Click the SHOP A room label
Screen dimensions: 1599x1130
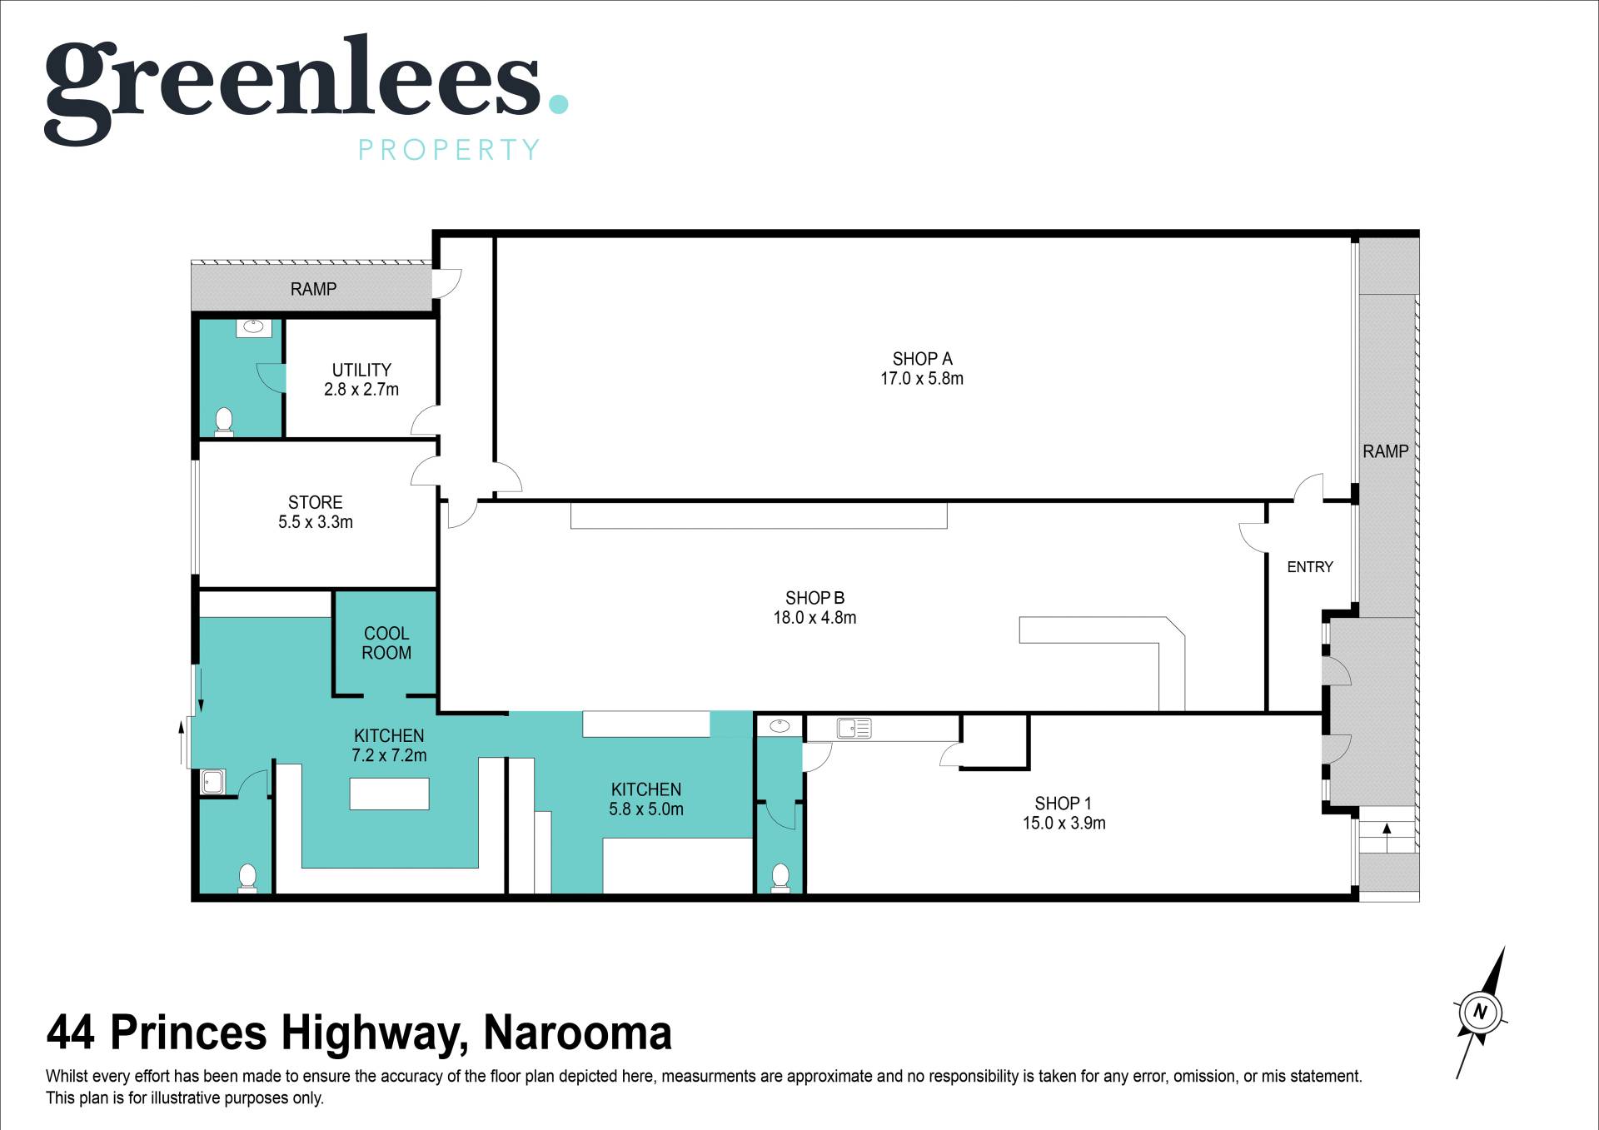922,359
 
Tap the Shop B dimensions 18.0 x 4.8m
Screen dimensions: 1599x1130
814,618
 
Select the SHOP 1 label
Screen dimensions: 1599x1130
1063,804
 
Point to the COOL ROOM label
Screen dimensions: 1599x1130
386,643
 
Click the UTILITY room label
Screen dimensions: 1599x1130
361,370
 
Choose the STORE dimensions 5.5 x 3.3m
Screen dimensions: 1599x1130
316,522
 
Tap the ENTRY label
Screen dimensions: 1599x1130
1310,567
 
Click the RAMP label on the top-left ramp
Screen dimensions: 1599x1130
313,289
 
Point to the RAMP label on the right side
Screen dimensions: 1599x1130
1386,451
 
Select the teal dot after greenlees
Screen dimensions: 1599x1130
557,103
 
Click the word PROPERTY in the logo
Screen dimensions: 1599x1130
449,150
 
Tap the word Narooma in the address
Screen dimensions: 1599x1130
577,1033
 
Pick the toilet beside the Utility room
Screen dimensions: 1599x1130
224,421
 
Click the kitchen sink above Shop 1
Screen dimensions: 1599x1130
854,729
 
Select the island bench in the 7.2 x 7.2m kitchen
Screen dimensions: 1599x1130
389,794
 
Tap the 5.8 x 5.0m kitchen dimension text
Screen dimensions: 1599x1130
646,809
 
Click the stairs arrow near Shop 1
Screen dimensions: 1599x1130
1387,837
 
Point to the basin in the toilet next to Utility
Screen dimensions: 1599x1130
254,327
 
